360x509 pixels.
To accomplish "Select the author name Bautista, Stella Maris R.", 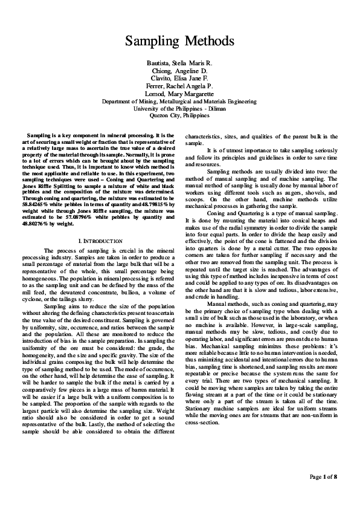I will [x=179, y=63].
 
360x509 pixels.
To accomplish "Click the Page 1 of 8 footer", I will [x=323, y=477].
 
